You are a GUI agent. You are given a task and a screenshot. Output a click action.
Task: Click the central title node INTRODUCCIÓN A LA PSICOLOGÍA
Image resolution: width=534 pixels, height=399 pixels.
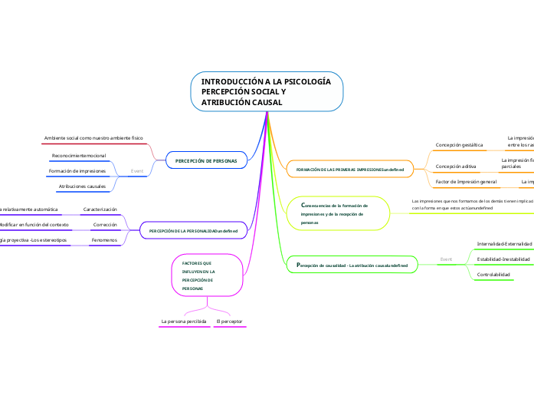[266, 91]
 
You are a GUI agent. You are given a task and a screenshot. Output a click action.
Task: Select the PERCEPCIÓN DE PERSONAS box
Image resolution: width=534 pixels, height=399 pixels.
[206, 160]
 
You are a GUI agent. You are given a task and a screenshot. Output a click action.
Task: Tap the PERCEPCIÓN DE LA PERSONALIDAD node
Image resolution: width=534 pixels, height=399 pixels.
[193, 230]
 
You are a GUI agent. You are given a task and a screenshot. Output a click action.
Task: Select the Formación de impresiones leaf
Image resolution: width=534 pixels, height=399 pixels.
[77, 170]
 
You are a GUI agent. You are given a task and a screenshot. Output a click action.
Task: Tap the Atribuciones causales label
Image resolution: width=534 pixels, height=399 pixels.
[82, 186]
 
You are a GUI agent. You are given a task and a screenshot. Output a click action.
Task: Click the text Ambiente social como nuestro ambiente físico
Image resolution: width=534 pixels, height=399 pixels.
[93, 137]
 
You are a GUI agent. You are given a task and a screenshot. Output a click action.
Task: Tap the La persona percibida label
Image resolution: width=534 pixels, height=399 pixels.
[184, 320]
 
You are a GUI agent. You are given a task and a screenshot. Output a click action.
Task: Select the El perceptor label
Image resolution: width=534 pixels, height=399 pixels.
[230, 320]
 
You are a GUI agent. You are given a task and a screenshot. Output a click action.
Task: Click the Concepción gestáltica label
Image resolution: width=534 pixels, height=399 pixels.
[459, 143]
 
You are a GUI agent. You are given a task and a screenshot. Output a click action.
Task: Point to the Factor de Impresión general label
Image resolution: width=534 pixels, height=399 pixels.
[466, 182]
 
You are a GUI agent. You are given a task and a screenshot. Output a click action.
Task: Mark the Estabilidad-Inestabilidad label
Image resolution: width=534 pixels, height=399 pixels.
[503, 259]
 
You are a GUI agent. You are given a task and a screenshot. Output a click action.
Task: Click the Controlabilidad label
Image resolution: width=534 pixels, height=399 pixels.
[493, 274]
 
